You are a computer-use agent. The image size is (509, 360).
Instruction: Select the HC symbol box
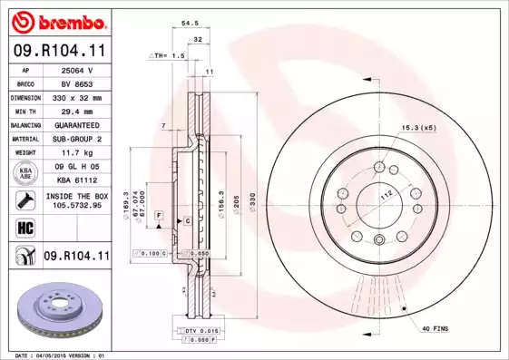pos(24,227)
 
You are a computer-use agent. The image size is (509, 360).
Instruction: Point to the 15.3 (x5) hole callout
pos(418,128)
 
